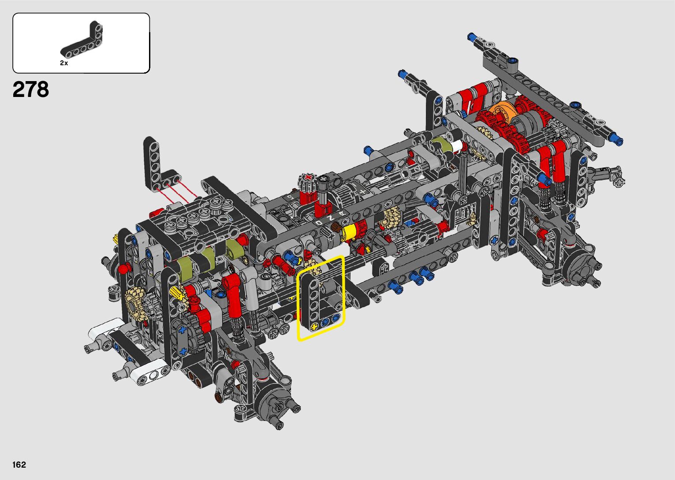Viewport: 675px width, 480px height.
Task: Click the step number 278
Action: tap(31, 89)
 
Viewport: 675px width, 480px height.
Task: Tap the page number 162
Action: tap(19, 465)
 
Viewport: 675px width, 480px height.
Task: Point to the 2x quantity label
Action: tap(64, 63)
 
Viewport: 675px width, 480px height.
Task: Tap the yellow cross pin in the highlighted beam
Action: tap(314, 327)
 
